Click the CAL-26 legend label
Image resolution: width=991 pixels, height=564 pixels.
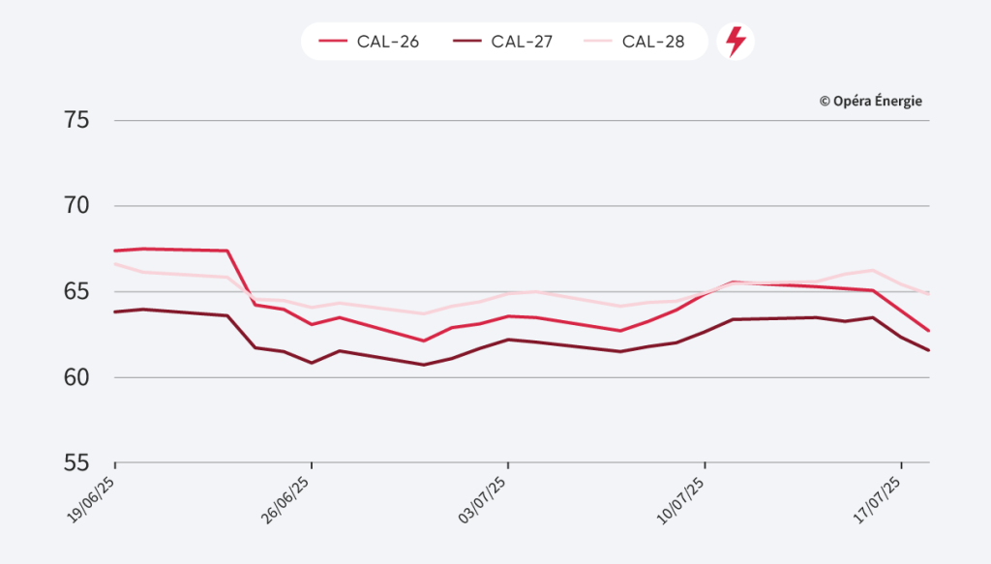coord(388,42)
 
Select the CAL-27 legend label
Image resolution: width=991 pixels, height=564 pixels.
coord(522,42)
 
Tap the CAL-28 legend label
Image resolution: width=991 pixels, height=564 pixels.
coord(653,42)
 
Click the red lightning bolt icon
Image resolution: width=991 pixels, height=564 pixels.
coord(736,42)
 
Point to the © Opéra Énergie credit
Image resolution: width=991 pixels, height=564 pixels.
coord(870,101)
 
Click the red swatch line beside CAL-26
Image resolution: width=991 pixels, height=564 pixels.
coord(333,42)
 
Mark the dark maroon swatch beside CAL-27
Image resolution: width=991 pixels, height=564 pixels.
coord(466,42)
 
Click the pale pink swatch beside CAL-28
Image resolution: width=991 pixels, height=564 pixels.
coord(598,42)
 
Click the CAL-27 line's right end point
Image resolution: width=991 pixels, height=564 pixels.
coord(929,350)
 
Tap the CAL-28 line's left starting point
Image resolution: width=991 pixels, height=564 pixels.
coord(115,263)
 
